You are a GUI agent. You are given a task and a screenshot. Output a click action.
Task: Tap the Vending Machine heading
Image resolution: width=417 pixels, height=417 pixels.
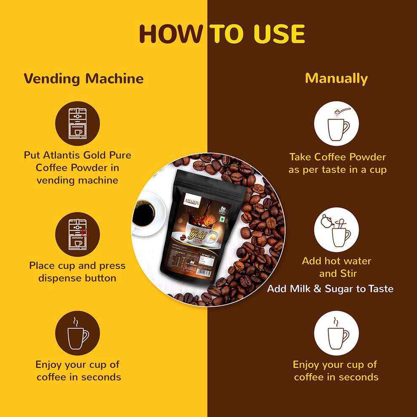coord(83,79)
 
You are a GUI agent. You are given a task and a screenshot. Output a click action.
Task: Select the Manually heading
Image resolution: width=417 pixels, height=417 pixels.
coord(336,79)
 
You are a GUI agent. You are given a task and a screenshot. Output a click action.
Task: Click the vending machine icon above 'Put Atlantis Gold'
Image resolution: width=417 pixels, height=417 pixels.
coord(78,123)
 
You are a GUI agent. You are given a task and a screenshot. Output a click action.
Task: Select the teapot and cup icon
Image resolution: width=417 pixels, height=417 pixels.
coord(336,230)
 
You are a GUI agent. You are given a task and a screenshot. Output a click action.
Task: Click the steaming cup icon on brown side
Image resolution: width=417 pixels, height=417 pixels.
coord(336,333)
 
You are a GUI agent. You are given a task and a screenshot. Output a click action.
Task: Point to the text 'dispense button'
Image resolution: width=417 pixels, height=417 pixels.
coord(77,278)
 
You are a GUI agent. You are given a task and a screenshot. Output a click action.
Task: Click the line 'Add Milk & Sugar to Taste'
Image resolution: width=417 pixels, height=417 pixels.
coord(330,289)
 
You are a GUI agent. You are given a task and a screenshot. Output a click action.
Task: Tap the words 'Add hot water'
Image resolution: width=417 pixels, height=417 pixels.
coord(336,261)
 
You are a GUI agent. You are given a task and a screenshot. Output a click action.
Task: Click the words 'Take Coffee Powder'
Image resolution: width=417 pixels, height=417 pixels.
coord(337,157)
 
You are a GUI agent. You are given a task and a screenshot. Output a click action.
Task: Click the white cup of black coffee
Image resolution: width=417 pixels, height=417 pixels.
coord(145,213)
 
